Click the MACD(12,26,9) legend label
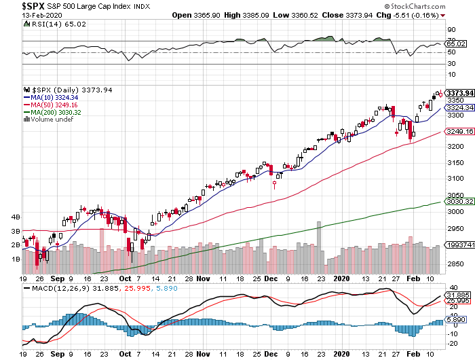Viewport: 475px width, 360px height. [75, 289]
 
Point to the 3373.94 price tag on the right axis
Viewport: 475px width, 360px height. [458, 92]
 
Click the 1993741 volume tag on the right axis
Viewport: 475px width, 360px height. [458, 244]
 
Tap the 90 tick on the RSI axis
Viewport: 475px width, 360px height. [451, 30]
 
